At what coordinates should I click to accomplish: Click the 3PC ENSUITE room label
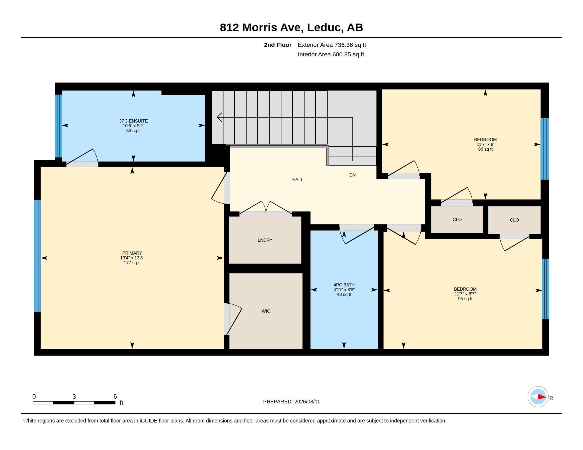pos(133,121)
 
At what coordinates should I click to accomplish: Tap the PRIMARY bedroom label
pos(132,253)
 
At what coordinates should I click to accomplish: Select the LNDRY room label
pos(265,240)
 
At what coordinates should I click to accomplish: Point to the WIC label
pos(266,311)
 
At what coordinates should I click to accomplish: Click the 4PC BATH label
pos(344,285)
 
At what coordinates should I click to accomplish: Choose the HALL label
pos(297,180)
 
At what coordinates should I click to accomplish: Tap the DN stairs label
pos(352,175)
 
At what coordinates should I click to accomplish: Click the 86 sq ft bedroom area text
pos(485,149)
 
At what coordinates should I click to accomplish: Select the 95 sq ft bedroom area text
pos(465,299)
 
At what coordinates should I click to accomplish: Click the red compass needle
pos(542,397)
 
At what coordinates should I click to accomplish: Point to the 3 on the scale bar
pos(74,397)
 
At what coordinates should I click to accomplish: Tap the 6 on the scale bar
pos(115,397)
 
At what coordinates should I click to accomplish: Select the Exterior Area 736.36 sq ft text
pos(332,45)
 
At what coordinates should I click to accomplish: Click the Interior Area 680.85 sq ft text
pos(331,55)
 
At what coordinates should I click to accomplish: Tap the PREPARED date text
pos(291,402)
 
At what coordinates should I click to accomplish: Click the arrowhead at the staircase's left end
pos(219,117)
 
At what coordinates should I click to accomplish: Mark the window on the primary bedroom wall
pos(37,256)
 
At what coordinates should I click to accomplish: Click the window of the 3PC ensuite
pos(59,126)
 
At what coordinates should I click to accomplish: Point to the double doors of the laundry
pos(266,208)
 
